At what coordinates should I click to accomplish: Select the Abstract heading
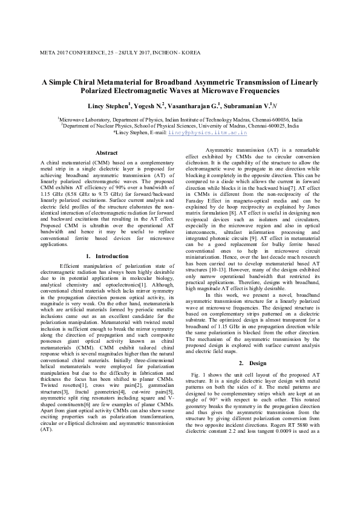pyautogui.click(x=106, y=154)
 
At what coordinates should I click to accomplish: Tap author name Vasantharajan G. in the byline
pyautogui.click(x=195, y=106)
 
